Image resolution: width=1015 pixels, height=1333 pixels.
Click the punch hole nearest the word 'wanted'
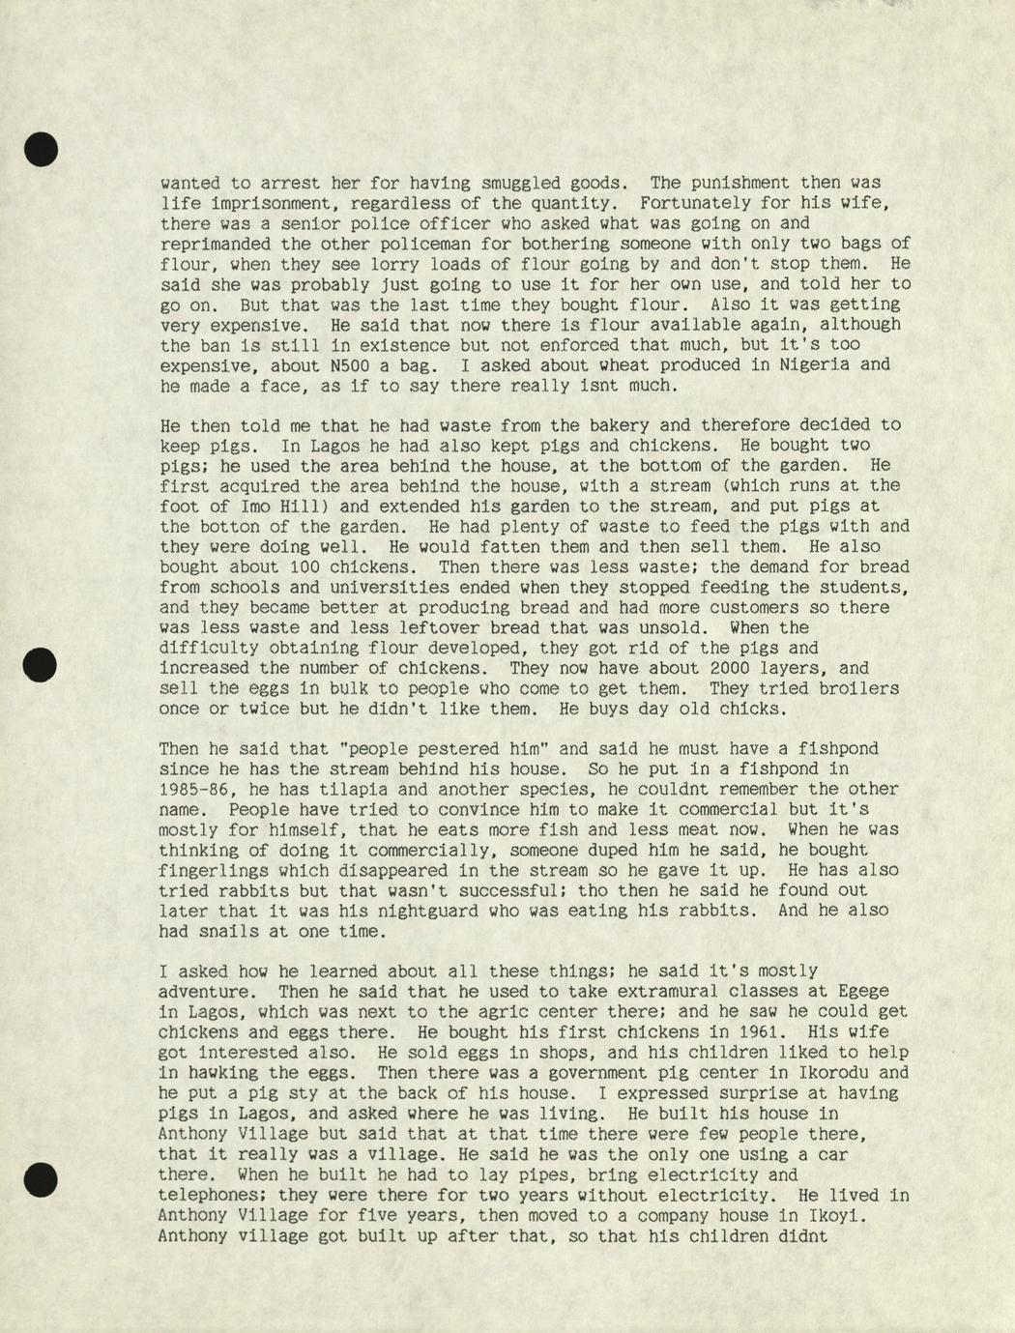[41, 150]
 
